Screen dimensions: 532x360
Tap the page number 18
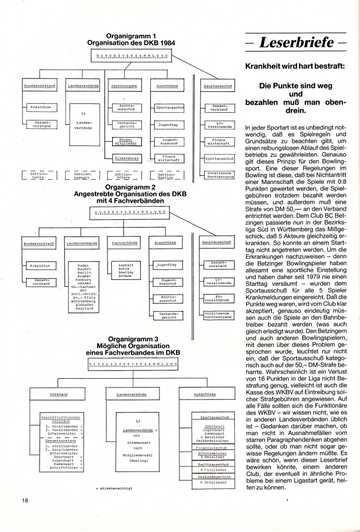24,515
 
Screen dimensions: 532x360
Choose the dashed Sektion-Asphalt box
81,176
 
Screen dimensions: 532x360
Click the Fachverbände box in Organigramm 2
125,243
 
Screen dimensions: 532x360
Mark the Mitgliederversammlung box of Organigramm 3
133,364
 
